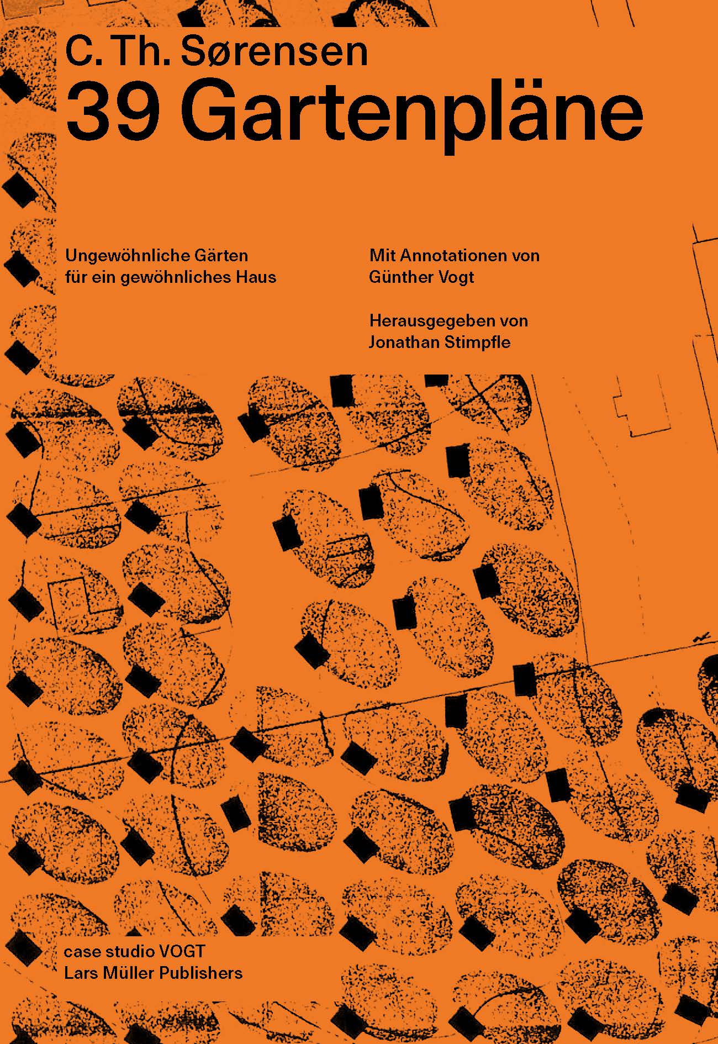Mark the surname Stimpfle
pos(475,343)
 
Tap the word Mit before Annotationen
pos(383,256)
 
